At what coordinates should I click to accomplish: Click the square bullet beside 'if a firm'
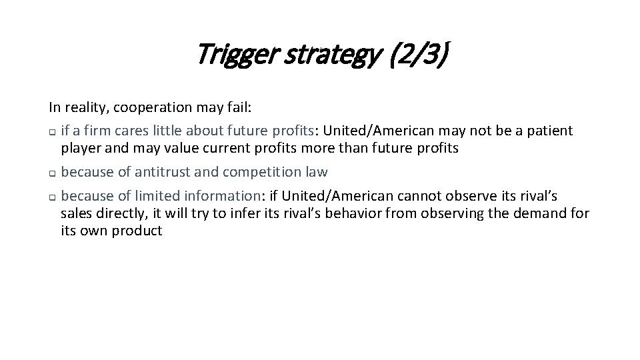point(51,131)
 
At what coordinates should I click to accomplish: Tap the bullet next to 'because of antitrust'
point(51,173)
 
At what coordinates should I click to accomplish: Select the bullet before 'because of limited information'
point(51,197)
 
